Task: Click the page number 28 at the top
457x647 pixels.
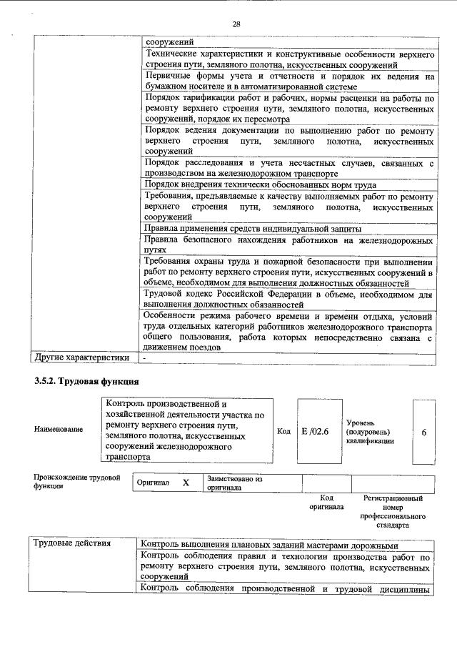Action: click(236, 24)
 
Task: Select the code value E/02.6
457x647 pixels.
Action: click(313, 432)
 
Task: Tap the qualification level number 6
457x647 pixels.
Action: click(423, 433)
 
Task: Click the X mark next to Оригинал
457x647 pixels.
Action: click(186, 483)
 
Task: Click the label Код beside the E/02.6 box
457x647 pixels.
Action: click(283, 432)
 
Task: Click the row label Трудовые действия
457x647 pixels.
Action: click(72, 544)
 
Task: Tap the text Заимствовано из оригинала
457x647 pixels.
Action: click(235, 483)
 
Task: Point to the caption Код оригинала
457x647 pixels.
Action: click(326, 502)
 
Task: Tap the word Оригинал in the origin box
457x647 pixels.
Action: click(154, 483)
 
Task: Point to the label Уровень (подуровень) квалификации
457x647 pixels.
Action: click(368, 432)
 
